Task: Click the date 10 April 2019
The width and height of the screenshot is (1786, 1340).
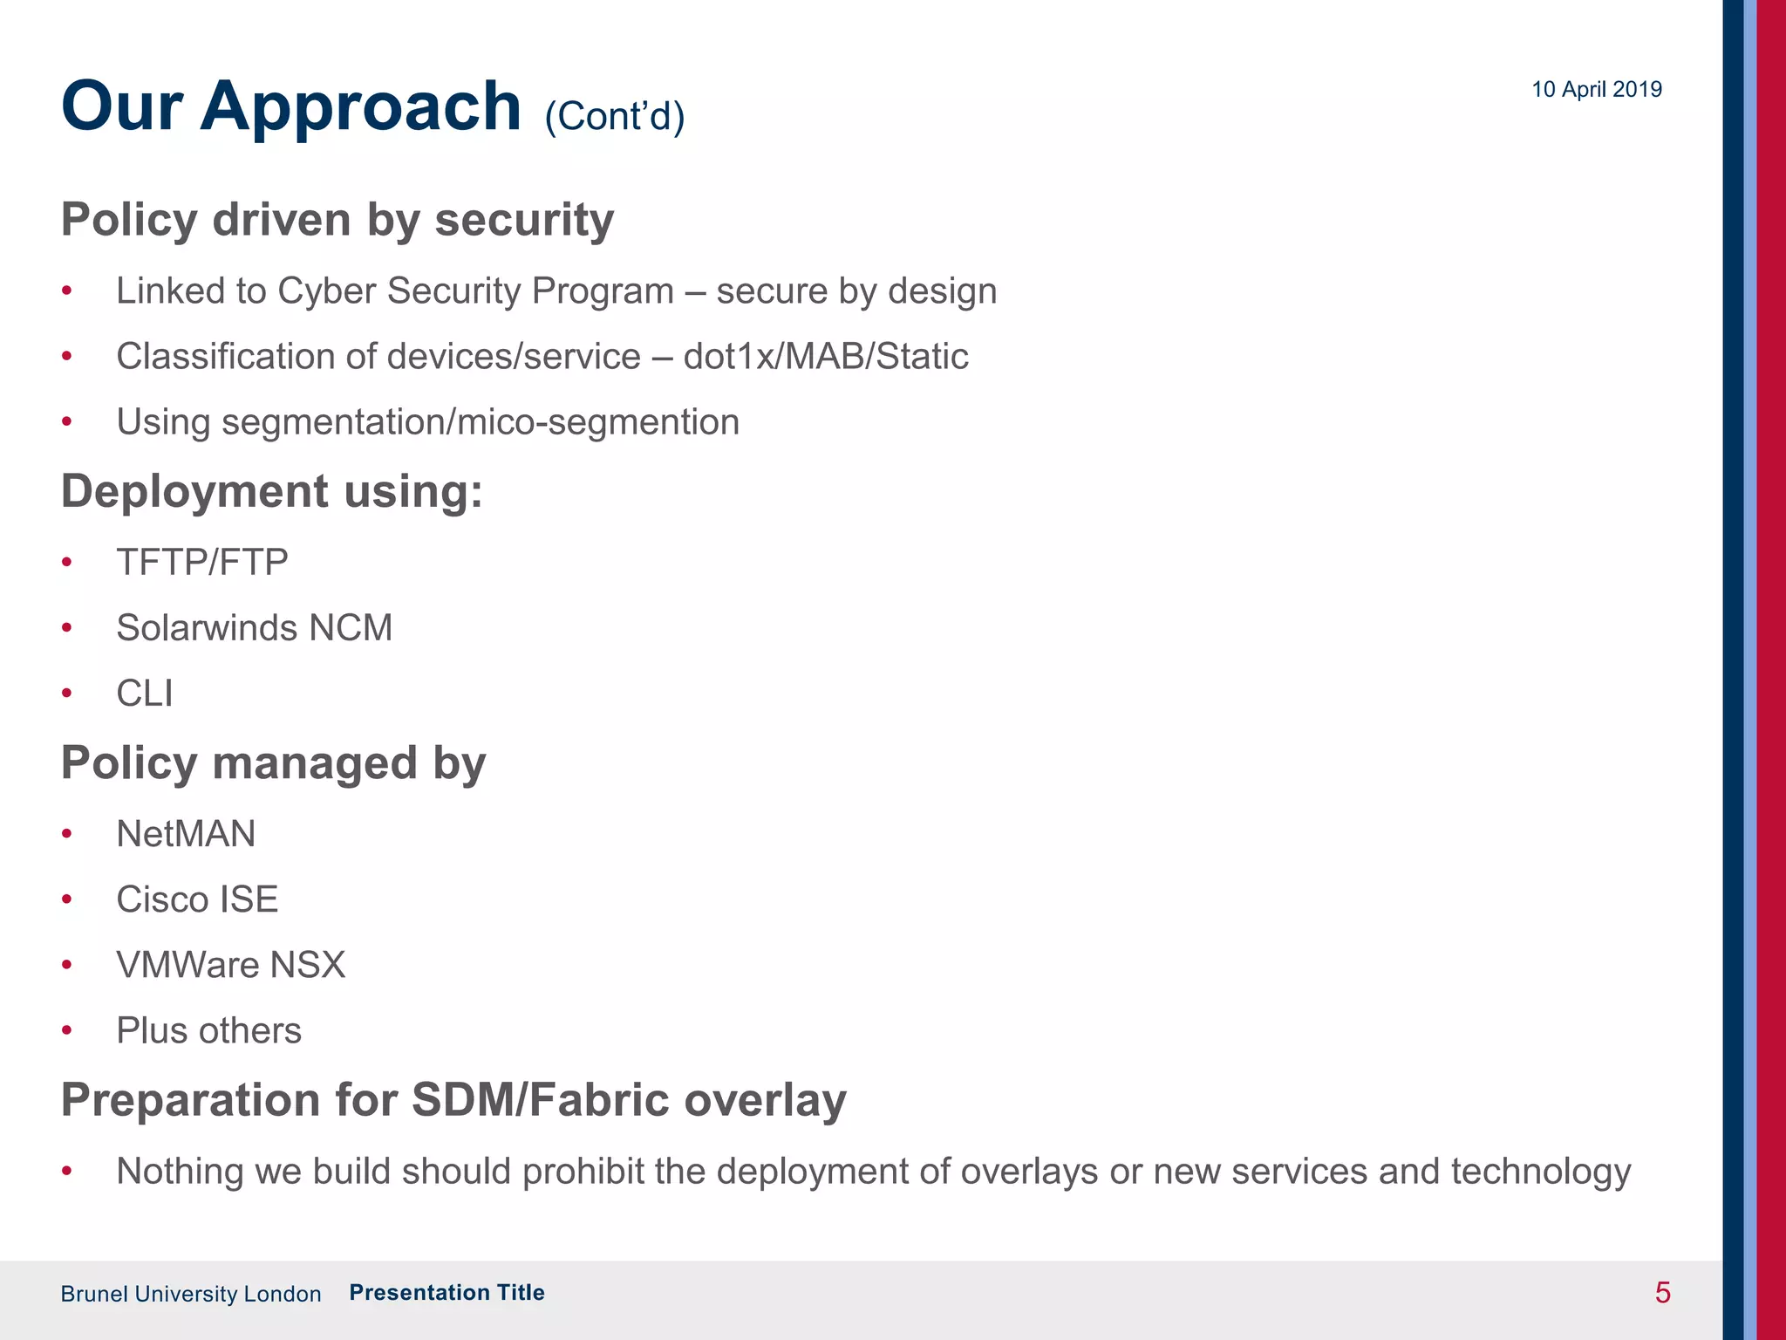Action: pyautogui.click(x=1596, y=89)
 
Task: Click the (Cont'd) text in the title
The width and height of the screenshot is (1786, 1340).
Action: pyautogui.click(x=614, y=115)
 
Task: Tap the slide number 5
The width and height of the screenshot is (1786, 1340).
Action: pyautogui.click(x=1662, y=1292)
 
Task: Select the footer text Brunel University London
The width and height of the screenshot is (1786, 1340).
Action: pyautogui.click(x=190, y=1294)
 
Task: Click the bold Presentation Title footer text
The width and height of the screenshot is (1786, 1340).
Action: pyautogui.click(x=446, y=1292)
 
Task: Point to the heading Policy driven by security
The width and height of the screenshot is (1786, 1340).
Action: pyautogui.click(x=337, y=219)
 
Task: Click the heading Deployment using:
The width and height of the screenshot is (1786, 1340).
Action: pyautogui.click(x=271, y=490)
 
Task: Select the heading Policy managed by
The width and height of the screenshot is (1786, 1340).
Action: pyautogui.click(x=273, y=762)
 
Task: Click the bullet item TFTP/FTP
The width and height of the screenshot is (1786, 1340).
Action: pyautogui.click(x=202, y=562)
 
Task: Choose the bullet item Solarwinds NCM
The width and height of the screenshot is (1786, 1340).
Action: pyautogui.click(x=254, y=627)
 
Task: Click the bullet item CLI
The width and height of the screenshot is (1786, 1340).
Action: pyautogui.click(x=145, y=694)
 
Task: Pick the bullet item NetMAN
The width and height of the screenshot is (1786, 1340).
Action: pyautogui.click(x=186, y=833)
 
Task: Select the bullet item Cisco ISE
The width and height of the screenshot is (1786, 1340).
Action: pyautogui.click(x=197, y=899)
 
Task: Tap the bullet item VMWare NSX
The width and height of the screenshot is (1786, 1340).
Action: pyautogui.click(x=231, y=965)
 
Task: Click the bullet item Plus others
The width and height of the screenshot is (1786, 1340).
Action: pyautogui.click(x=208, y=1030)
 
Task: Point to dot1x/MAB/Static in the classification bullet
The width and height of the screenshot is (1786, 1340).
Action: pyautogui.click(x=825, y=356)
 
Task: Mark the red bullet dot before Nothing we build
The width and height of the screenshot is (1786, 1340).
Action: pyautogui.click(x=67, y=1171)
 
